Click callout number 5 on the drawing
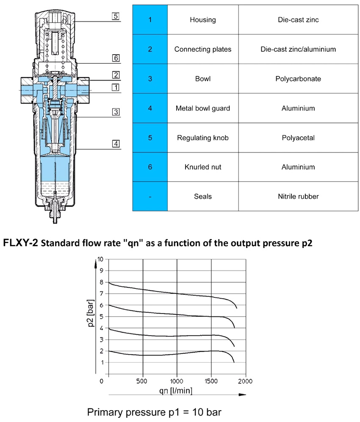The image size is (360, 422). tap(115, 17)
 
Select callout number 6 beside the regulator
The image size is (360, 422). tap(115, 58)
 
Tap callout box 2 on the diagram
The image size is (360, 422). tap(115, 75)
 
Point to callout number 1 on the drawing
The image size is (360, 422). tap(115, 87)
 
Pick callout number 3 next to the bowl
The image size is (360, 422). tap(115, 112)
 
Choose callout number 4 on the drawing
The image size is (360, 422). tap(115, 143)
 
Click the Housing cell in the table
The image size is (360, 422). tap(202, 20)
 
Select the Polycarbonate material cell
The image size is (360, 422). tap(298, 79)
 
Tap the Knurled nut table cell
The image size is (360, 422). tap(202, 167)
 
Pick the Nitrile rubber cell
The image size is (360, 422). tap(298, 196)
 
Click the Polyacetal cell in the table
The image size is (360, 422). tap(298, 138)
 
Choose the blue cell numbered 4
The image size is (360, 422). tap(150, 108)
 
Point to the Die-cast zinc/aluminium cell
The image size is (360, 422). tap(298, 49)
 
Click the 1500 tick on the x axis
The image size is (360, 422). tap(210, 381)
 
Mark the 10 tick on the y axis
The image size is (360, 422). tap(100, 259)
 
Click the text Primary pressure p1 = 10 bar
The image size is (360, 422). tap(154, 412)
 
